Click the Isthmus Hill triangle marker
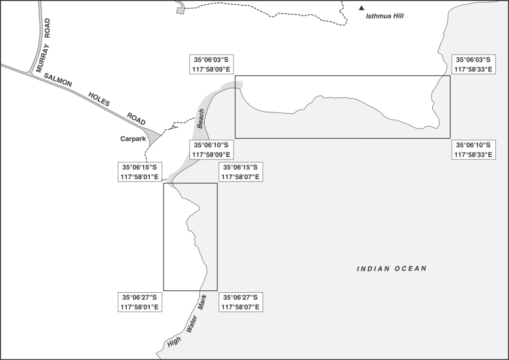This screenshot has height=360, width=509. [361, 8]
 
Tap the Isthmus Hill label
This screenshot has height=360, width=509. [385, 16]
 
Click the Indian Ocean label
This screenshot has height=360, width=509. [392, 269]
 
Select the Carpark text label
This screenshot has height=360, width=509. [133, 139]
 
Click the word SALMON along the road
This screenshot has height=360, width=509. [58, 80]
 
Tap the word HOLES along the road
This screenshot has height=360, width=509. [99, 99]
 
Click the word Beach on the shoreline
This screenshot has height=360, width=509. [201, 119]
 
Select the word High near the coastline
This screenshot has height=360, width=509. [174, 342]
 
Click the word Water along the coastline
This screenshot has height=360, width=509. [192, 323]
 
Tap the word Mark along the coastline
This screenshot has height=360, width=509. [202, 302]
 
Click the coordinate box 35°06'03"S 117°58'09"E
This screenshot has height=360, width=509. [211, 64]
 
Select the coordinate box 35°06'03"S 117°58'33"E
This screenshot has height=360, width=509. [474, 64]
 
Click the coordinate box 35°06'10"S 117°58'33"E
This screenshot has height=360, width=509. [474, 150]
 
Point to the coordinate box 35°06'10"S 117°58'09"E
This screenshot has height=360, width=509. [211, 150]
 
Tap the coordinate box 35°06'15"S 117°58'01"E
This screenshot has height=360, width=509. [139, 172]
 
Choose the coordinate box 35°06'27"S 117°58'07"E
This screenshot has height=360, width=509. [241, 302]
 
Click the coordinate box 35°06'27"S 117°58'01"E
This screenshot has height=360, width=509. [139, 302]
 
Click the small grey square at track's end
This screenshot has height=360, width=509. [180, 11]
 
